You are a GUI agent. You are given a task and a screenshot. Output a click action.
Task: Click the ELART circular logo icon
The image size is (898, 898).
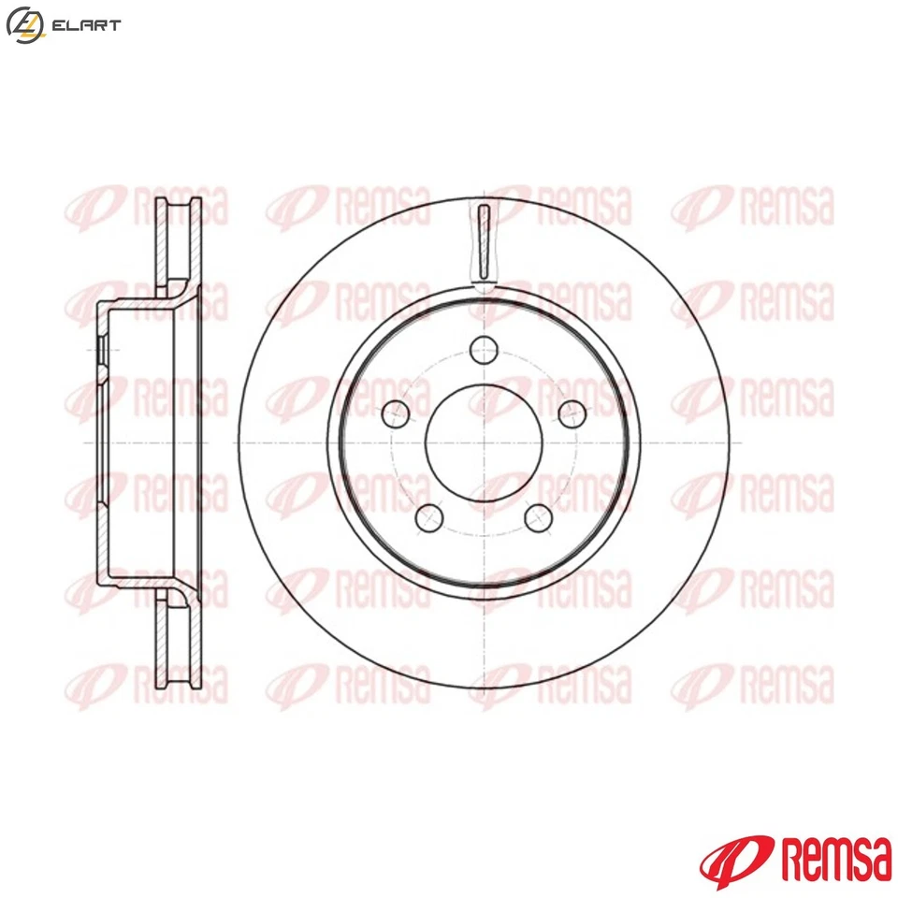23,25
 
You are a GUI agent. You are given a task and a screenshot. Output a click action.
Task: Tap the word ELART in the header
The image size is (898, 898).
87,25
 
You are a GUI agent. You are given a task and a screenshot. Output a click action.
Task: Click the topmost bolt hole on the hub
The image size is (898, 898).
484,352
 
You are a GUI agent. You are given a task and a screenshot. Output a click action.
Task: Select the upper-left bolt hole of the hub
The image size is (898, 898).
397,413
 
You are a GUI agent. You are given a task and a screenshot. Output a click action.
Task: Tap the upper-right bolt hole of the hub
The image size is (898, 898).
570,413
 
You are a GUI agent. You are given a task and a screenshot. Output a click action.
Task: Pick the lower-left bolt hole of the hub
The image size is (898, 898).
430,516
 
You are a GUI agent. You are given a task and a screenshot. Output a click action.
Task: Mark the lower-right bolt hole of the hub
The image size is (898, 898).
537,516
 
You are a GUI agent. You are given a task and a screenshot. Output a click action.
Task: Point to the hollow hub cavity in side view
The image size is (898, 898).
140,440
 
